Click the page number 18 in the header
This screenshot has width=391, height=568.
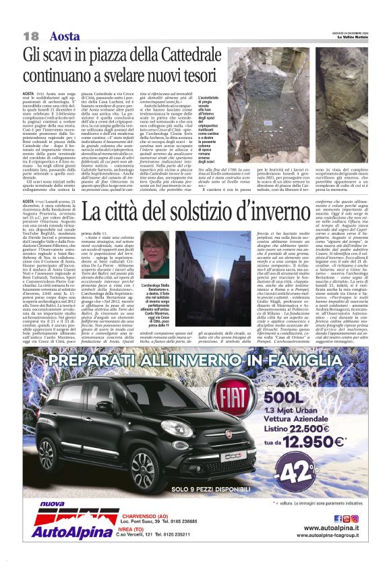click(30, 35)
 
